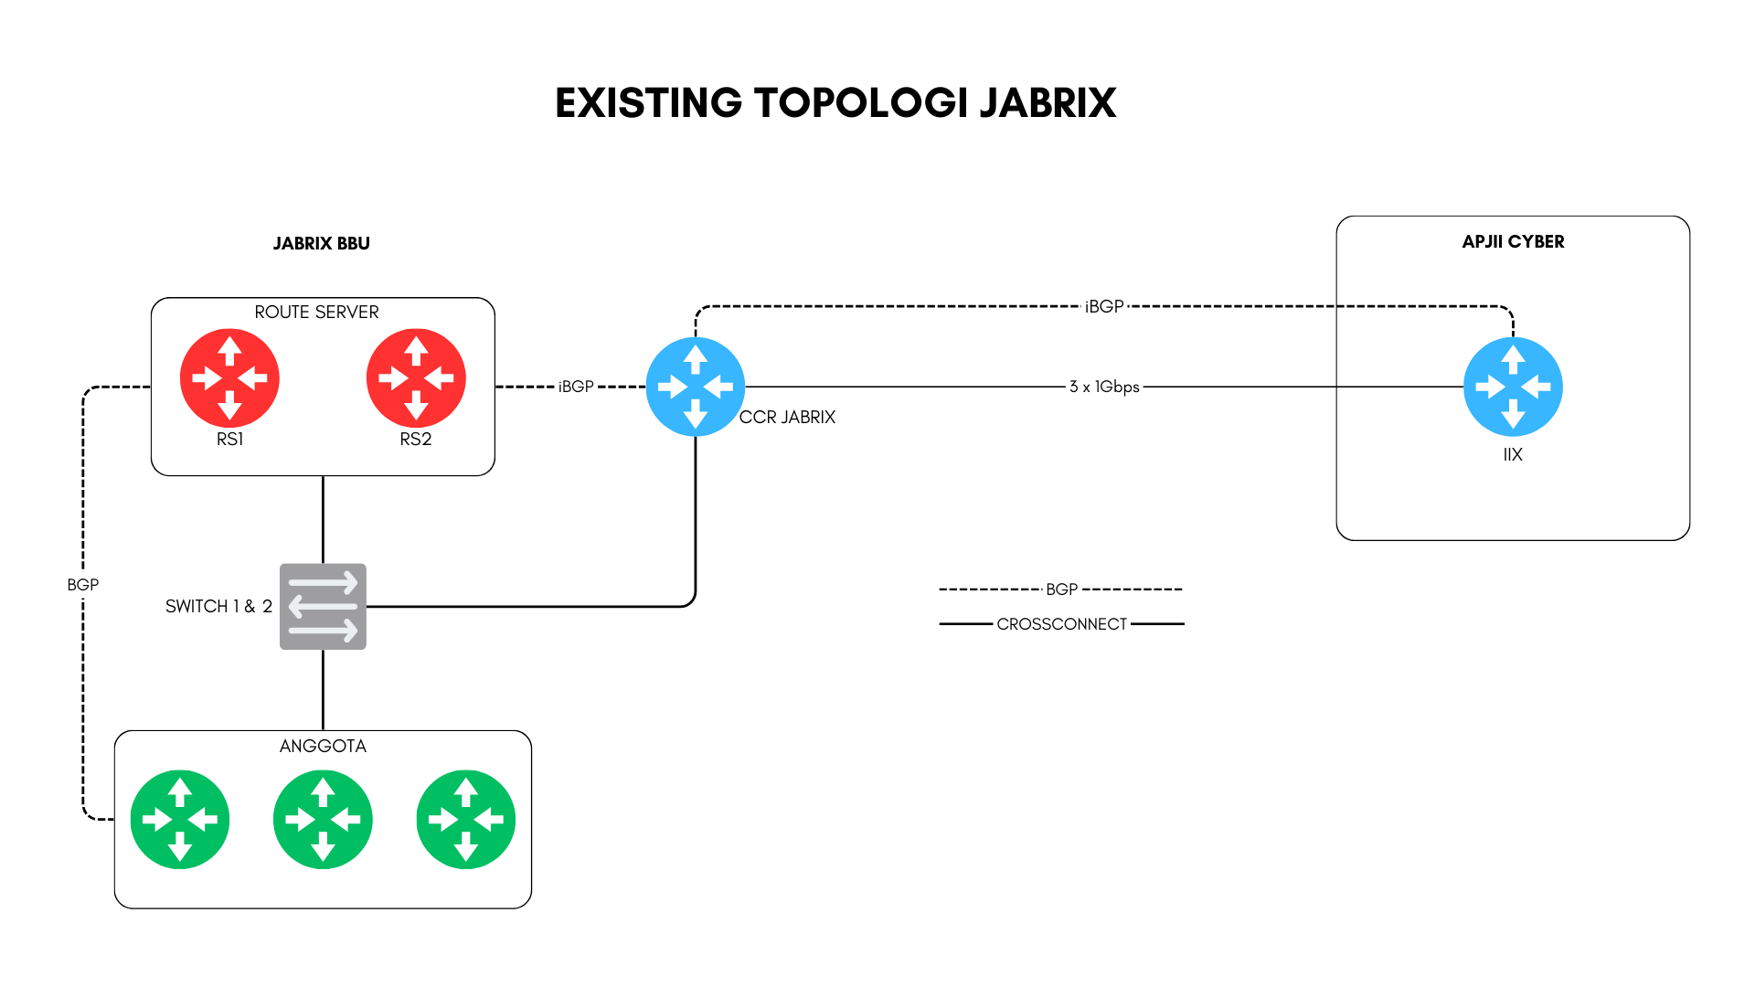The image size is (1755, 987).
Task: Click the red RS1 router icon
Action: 229,377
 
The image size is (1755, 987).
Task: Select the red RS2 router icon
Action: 416,377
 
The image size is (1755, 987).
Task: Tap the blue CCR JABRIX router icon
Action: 696,387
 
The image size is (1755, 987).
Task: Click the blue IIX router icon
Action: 1513,387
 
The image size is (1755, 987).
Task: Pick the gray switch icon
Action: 323,606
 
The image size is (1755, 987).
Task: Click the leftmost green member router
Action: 180,819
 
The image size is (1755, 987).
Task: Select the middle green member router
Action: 323,819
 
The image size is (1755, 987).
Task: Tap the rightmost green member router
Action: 466,819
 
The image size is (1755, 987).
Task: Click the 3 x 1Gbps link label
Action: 1104,387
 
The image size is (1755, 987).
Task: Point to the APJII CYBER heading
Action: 1513,241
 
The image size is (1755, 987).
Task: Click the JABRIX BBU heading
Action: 321,243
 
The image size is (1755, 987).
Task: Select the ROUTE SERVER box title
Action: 316,312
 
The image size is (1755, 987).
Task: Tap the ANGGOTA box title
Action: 323,746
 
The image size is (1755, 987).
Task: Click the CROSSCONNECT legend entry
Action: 1062,624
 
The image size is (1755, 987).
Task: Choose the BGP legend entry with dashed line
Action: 1061,589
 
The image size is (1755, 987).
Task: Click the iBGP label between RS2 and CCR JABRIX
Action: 576,387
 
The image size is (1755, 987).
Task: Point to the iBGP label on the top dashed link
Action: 1104,306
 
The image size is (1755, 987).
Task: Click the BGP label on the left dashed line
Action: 82,584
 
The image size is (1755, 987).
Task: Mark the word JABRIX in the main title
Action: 1048,102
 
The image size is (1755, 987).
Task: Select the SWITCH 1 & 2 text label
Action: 218,606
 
